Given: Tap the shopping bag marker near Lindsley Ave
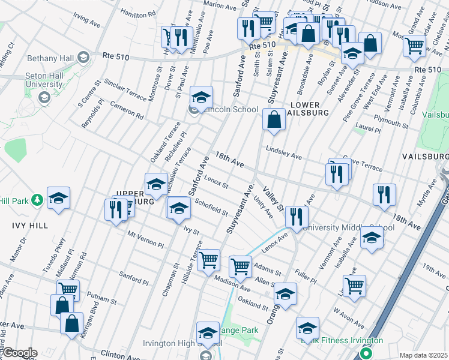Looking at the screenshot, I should [274, 119].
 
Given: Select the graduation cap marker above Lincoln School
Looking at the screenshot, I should [202, 96].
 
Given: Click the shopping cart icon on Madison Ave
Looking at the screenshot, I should [240, 265].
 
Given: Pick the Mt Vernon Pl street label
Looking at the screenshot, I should [145, 240].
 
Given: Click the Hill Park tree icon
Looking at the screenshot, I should [37, 200].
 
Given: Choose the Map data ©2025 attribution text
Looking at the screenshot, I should [423, 355].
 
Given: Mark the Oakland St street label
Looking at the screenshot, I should [253, 302].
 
